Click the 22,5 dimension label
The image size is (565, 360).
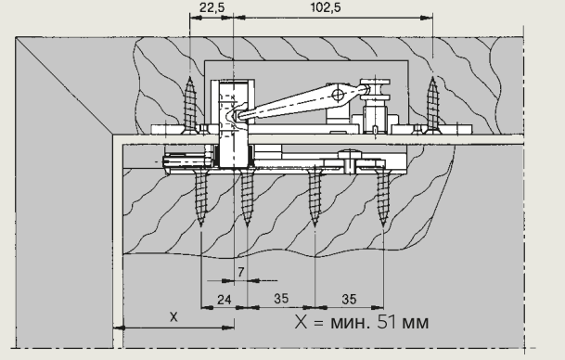[x=212, y=7]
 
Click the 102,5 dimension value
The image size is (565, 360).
[x=326, y=7]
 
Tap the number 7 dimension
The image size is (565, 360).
[x=240, y=272]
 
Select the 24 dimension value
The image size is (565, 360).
[x=225, y=299]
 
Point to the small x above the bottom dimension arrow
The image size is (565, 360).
[x=173, y=317]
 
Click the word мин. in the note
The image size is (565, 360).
[x=350, y=322]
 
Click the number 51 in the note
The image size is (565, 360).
[x=388, y=321]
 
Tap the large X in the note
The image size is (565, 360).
[x=301, y=322]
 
